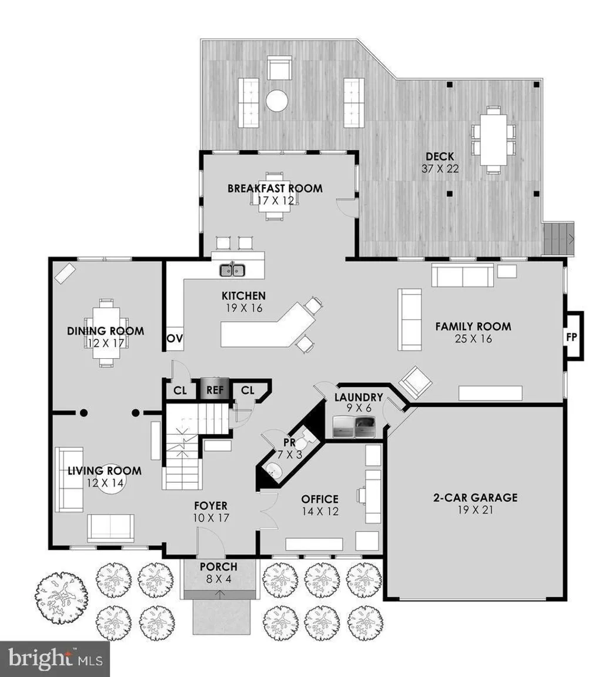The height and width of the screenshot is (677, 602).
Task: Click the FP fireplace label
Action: [x=571, y=338]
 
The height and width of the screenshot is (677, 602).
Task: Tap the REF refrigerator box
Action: [x=212, y=390]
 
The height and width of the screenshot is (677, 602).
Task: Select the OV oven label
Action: [x=174, y=339]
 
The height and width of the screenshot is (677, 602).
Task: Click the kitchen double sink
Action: [x=233, y=270]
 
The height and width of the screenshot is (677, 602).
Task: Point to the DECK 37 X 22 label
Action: [x=439, y=162]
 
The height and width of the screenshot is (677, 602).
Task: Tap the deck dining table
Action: [x=493, y=139]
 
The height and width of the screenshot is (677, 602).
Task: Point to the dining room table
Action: [x=106, y=334]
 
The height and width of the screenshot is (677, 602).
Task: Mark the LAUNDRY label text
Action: [x=359, y=396]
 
